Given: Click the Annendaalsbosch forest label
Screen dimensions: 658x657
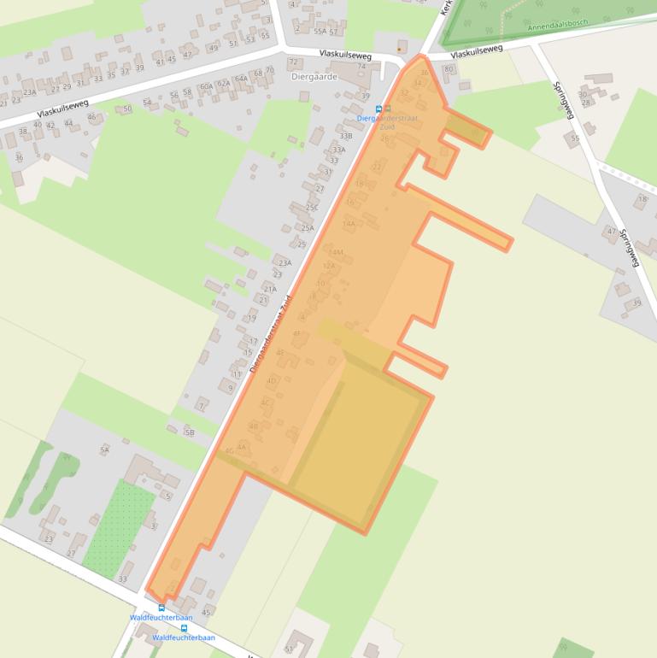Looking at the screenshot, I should click(560, 24).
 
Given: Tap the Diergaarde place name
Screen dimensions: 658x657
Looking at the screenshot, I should click(314, 76).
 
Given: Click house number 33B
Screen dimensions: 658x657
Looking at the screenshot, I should click(345, 136).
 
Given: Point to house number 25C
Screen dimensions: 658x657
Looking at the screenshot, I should click(312, 208).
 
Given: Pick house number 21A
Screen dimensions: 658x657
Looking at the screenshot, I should click(270, 289).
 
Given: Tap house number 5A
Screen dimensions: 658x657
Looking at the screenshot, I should click(105, 449).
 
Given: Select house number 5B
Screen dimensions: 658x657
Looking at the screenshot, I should click(190, 432).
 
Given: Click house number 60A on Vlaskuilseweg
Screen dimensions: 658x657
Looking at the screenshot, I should click(206, 86).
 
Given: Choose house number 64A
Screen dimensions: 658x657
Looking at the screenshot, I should click(241, 79).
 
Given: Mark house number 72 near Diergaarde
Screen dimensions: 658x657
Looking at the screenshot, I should click(293, 62).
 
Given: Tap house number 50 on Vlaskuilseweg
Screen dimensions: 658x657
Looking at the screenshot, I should click(127, 109).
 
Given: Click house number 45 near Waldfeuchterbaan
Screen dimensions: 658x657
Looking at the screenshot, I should click(206, 612).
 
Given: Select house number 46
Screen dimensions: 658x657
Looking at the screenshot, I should click(91, 116).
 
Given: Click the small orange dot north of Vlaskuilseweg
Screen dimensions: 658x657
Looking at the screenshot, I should click(399, 50).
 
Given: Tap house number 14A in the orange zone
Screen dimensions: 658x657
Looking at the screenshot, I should click(349, 224).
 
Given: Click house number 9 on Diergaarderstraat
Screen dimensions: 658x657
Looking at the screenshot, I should click(231, 389).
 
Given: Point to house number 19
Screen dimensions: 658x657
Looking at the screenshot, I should click(252, 318).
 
